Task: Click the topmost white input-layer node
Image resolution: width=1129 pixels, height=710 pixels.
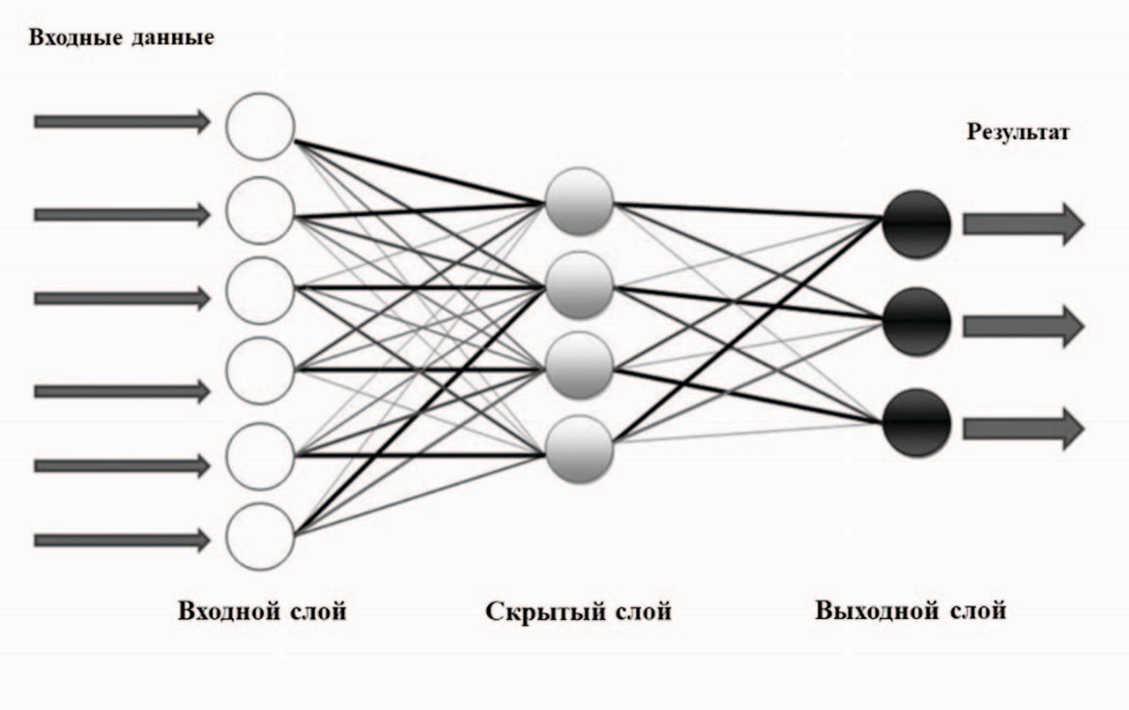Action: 260,127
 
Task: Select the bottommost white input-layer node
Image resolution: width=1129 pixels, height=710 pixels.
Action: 260,536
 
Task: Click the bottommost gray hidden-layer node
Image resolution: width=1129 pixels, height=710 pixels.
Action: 579,447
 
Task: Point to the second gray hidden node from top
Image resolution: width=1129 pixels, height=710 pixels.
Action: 579,284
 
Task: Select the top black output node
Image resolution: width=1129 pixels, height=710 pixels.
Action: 915,223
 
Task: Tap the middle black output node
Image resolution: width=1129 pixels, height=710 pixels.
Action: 915,322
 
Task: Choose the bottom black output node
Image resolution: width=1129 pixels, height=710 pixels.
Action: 915,424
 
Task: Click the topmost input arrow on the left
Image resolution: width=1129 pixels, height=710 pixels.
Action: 122,121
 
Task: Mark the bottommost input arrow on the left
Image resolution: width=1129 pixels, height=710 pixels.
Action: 122,540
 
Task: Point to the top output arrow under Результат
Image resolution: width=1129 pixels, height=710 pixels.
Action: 1024,223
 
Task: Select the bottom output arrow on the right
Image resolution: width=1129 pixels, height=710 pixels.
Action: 1024,428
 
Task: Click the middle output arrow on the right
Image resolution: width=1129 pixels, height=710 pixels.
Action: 1024,326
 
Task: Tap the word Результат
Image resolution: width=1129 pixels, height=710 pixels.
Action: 1018,133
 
